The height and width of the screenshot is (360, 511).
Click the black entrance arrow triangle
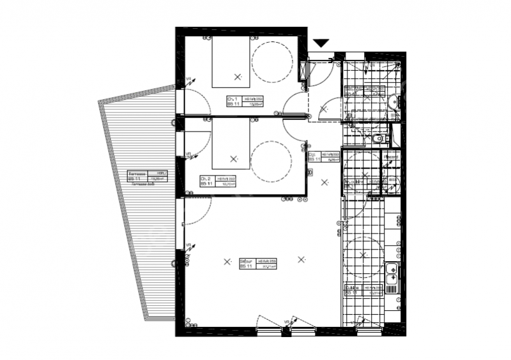click(321, 43)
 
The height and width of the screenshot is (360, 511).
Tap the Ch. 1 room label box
click(246, 101)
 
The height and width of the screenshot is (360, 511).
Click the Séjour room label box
click(257, 264)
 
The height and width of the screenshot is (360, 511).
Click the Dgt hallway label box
click(323, 156)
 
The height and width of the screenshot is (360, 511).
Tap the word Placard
click(390, 157)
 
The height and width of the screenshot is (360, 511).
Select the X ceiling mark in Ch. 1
click(238, 77)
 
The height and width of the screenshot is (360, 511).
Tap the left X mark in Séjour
click(227, 260)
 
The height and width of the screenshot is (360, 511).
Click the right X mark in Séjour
click(301, 259)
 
